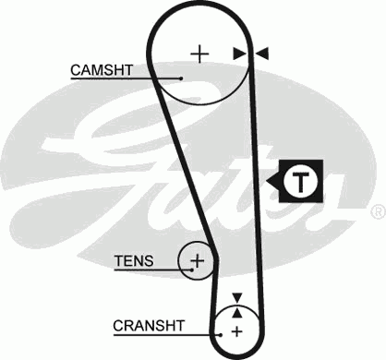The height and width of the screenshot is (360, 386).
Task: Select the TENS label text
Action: click(134, 260)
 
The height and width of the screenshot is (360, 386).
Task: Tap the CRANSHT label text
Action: click(149, 325)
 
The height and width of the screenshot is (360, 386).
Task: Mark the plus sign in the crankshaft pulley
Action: click(236, 330)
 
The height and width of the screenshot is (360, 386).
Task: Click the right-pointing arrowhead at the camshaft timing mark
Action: click(239, 54)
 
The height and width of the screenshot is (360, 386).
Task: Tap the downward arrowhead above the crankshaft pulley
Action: click(236, 298)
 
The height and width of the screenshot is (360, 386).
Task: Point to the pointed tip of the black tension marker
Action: click(270, 182)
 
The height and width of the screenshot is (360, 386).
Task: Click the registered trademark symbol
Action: click(377, 211)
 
